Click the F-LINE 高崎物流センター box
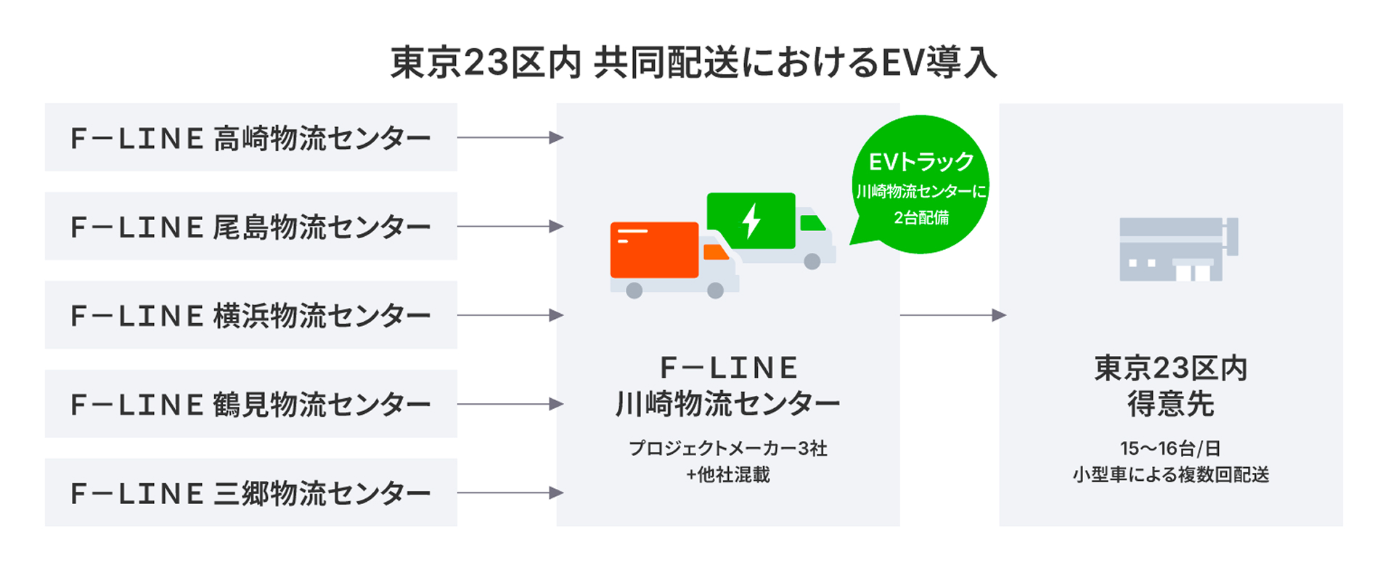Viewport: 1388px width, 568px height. click(250, 137)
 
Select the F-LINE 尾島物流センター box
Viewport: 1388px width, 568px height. click(250, 226)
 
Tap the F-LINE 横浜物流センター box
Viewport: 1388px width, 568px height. click(250, 315)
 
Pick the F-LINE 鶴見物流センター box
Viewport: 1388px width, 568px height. click(250, 404)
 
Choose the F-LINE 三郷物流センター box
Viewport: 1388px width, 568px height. click(250, 492)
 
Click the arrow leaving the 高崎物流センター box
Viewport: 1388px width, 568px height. click(510, 137)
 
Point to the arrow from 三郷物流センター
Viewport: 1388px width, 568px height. click(510, 492)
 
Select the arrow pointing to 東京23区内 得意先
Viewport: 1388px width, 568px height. click(952, 315)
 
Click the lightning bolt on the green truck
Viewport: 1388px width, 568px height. click(751, 220)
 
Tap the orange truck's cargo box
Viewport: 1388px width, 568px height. click(653, 250)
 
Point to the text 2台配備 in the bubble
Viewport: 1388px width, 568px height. click(921, 217)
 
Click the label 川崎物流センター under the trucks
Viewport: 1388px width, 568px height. click(727, 403)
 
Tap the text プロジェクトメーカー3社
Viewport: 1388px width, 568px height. click(727, 448)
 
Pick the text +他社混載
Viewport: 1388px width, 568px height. click(727, 475)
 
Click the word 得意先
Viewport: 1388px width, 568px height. click(1170, 404)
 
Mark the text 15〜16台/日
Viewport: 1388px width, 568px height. click(1170, 448)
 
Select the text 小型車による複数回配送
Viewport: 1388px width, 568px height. click(1170, 475)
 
